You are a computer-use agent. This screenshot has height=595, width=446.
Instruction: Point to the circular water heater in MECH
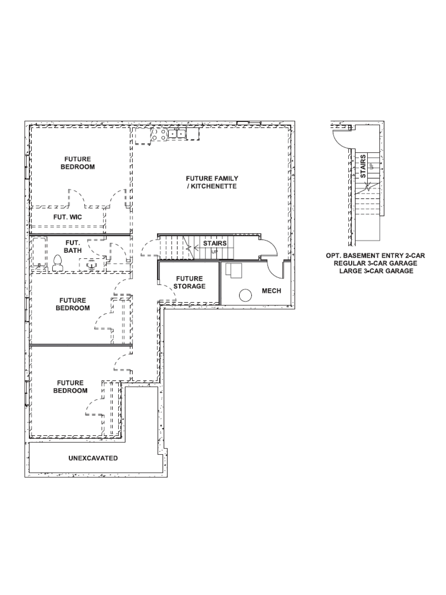pyautogui.click(x=245, y=295)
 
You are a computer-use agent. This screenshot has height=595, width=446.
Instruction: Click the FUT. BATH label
pyautogui.click(x=73, y=247)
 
